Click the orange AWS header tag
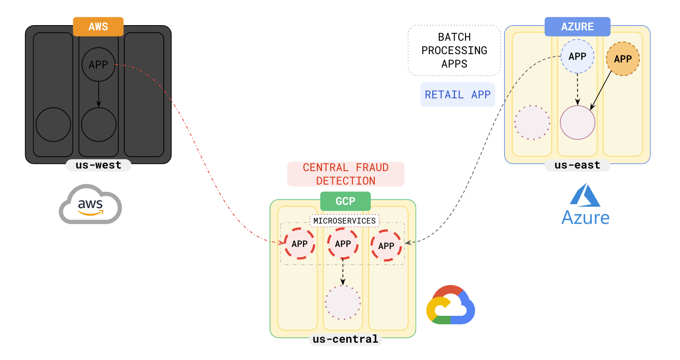(98, 26)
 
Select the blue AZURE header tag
(577, 26)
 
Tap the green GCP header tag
(345, 201)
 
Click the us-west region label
(98, 165)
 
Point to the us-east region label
(577, 165)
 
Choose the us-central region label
(345, 339)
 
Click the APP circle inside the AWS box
(98, 65)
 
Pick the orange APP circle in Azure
(623, 59)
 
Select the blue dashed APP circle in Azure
(577, 56)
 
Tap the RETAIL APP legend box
(457, 94)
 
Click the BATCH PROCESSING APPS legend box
(454, 50)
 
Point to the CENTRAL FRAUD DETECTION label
(345, 174)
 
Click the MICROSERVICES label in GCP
(345, 221)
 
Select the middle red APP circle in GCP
(343, 244)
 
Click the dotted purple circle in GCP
(343, 302)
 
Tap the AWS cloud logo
(90, 204)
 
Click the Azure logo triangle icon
(585, 195)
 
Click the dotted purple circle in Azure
(532, 123)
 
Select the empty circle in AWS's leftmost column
(53, 125)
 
